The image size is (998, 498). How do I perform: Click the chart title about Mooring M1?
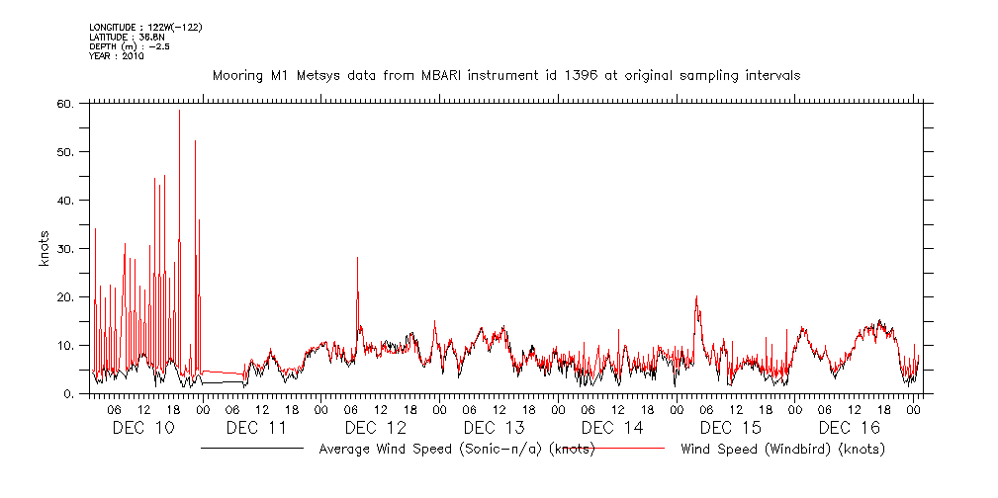click(506, 75)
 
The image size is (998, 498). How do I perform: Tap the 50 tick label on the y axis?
click(64, 151)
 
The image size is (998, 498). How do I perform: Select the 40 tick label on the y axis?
click(64, 200)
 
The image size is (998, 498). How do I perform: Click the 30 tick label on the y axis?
click(64, 248)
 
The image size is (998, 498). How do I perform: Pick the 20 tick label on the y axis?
click(64, 296)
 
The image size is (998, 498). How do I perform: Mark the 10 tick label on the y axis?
click(64, 345)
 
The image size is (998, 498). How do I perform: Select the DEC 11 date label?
click(256, 427)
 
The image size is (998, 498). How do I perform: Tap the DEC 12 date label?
click(375, 427)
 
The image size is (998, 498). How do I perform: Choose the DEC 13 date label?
click(494, 427)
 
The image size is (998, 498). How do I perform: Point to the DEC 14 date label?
click(612, 427)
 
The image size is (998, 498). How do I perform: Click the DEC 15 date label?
click(731, 427)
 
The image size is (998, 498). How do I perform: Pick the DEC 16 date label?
click(850, 427)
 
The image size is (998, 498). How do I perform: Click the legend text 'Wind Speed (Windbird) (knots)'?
click(783, 450)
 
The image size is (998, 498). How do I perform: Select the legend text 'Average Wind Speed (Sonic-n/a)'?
click(456, 450)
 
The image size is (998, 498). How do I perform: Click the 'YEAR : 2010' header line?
click(117, 57)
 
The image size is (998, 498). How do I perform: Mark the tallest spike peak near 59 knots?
click(179, 110)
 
